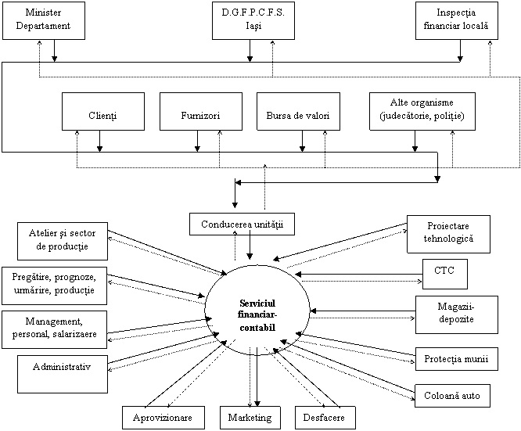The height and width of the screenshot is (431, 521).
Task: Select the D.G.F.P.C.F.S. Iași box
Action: pos(253,20)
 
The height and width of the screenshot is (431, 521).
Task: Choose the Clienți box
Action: pos(102,111)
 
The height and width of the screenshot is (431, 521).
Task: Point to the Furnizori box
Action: pos(200,111)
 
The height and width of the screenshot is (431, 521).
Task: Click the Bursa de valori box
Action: pos(298,111)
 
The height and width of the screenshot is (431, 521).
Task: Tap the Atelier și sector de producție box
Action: pos(62,241)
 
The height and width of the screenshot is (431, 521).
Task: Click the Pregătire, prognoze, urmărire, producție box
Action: pos(54,285)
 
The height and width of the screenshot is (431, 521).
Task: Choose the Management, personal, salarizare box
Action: pos(54,329)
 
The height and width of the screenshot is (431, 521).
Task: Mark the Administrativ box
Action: pos(62,373)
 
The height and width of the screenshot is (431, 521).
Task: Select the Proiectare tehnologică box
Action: pos(448,234)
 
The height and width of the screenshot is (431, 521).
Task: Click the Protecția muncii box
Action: pos(455,359)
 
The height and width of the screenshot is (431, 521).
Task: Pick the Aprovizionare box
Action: pos(163,418)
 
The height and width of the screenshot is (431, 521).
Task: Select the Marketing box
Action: pos(250,418)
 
